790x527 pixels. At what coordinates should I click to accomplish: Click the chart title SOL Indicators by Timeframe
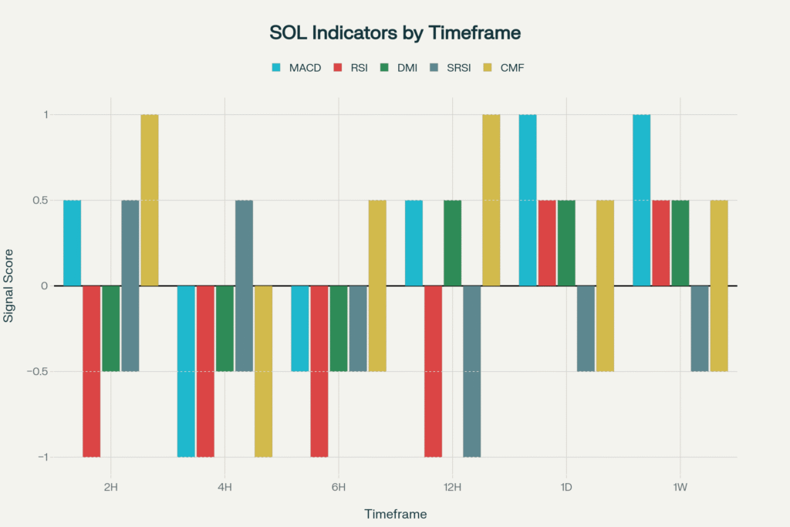click(395, 33)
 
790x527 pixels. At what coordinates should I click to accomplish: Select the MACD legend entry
click(303, 68)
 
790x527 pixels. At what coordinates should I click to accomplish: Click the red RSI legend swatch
click(337, 68)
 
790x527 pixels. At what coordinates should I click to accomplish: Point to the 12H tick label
click(452, 487)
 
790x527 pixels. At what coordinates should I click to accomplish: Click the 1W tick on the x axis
click(680, 487)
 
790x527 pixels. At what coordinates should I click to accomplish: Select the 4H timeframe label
click(225, 487)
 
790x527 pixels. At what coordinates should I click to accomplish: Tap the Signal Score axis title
click(9, 285)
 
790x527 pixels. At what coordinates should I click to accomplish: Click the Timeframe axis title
click(395, 513)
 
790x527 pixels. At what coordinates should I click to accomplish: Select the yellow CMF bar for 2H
click(150, 200)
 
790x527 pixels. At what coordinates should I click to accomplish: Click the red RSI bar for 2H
click(92, 371)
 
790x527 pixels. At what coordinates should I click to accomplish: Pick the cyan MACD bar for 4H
click(186, 371)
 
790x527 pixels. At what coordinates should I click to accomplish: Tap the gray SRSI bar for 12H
click(471, 371)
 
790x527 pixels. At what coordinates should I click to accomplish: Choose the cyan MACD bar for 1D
click(528, 200)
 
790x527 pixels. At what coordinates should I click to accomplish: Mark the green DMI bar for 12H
click(452, 243)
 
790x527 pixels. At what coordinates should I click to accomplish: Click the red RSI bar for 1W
click(660, 243)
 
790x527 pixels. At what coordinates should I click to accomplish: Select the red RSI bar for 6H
click(319, 371)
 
